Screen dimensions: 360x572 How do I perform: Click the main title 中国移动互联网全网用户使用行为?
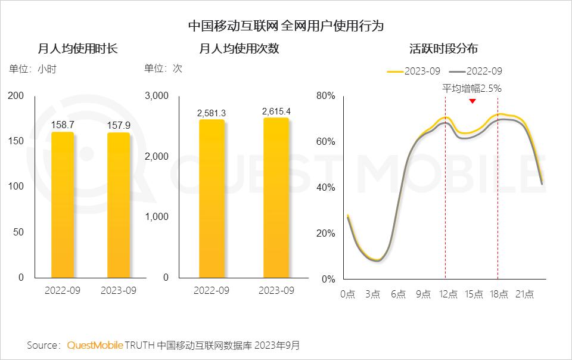286,26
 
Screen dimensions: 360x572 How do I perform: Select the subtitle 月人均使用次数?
238,49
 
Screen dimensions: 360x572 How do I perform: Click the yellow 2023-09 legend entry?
414,71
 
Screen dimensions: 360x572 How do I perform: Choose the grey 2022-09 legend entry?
475,71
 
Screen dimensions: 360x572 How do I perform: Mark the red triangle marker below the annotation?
472,101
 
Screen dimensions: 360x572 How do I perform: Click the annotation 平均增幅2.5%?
472,88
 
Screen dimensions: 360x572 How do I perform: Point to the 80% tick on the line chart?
326,96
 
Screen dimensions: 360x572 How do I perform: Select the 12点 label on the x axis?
449,294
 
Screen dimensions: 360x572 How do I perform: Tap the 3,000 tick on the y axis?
157,96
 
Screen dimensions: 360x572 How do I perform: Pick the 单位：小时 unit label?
33,69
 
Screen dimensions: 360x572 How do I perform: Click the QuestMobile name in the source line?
95,345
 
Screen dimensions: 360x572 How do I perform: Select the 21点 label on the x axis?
524,294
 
